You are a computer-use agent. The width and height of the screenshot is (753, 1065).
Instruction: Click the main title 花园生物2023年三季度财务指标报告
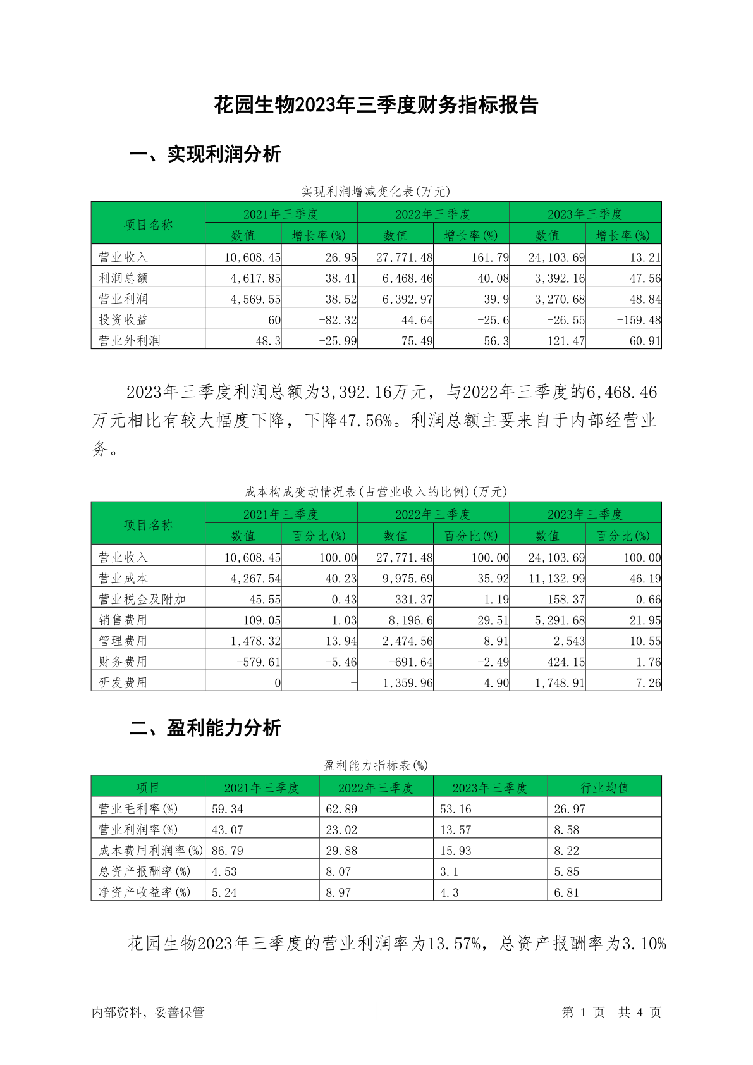pos(376,105)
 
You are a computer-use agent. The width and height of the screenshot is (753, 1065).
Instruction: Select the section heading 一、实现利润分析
pos(205,154)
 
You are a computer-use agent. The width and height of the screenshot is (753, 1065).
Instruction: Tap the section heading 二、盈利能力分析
pos(205,728)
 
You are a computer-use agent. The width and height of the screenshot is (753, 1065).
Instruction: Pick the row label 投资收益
pos(123,320)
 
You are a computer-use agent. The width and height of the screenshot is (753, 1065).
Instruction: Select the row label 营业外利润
pos(130,341)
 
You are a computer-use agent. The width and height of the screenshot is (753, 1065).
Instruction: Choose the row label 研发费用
pos(123,683)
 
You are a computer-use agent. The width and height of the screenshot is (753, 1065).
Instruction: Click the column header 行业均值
pos(604,787)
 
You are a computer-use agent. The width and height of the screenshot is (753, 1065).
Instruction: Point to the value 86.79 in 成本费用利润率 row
pos(228,851)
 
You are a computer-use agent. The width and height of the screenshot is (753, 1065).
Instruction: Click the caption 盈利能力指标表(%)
pos(376,765)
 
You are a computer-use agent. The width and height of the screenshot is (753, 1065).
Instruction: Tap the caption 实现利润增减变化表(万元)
pos(376,192)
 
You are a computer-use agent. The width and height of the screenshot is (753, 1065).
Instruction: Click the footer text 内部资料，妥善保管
pos(148,1012)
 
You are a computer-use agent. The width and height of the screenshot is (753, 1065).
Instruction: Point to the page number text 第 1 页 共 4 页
pos(611,1012)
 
